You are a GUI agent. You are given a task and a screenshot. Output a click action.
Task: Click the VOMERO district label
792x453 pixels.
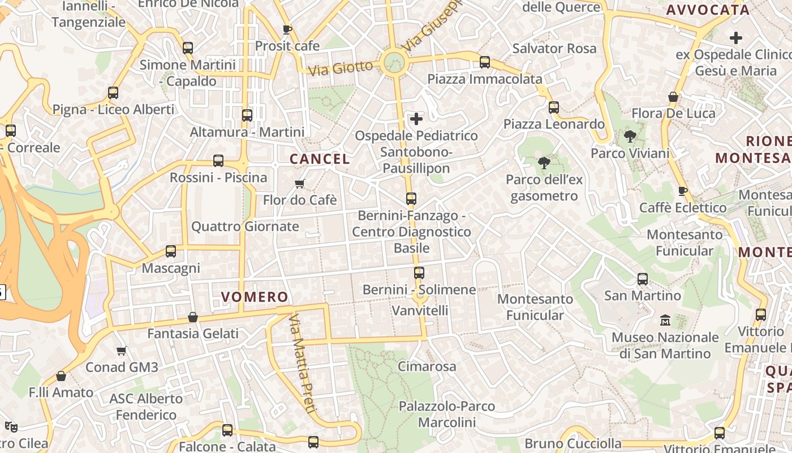255,297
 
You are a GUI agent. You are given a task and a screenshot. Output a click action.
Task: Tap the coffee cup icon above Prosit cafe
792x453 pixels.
287,29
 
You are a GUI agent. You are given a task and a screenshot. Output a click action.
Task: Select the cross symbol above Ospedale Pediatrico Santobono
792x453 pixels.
416,119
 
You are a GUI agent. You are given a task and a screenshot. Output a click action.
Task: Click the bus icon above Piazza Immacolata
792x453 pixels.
485,62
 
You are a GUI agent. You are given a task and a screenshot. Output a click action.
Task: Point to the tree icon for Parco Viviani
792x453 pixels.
630,136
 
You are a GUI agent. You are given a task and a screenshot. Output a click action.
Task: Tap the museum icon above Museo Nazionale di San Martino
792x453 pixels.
665,320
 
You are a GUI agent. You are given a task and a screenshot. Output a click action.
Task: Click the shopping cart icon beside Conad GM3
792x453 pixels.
121,351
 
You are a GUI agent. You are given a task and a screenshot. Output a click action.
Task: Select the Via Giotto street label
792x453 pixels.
341,68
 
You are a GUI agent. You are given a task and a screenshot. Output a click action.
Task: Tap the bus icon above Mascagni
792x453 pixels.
171,251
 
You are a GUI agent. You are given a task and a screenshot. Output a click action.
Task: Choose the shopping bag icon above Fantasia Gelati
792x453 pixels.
193,317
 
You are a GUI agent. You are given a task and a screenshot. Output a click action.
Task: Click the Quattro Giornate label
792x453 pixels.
245,226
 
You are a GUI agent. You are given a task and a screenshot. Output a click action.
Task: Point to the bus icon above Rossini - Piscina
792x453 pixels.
218,161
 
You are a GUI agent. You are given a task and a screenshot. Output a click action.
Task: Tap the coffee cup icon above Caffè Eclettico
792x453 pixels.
683,191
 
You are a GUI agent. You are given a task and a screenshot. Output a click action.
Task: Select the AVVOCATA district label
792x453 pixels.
708,10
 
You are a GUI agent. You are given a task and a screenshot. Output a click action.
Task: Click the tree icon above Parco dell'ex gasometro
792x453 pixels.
544,163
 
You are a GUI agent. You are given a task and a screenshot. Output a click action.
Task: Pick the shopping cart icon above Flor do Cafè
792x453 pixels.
299,183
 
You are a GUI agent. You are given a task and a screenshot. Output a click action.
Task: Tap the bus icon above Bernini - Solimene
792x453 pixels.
419,273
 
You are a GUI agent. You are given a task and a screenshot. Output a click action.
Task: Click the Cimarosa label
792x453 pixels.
427,366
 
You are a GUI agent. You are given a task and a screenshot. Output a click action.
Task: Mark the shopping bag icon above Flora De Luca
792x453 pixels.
673,97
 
